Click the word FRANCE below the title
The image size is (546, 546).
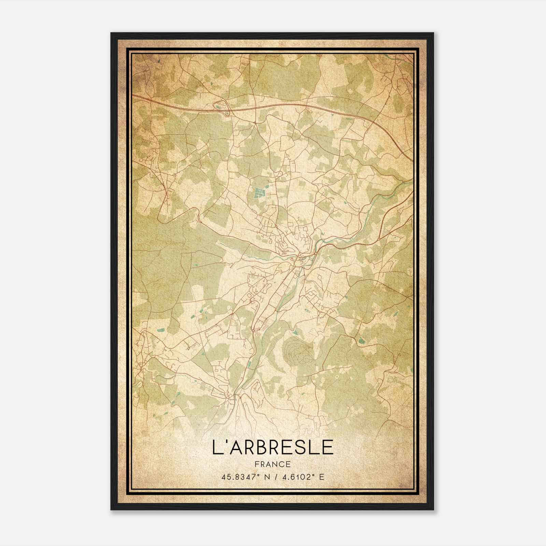click(273, 464)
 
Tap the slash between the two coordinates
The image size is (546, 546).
click(276, 477)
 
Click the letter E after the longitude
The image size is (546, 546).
click(321, 477)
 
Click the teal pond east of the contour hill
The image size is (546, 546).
click(361, 340)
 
